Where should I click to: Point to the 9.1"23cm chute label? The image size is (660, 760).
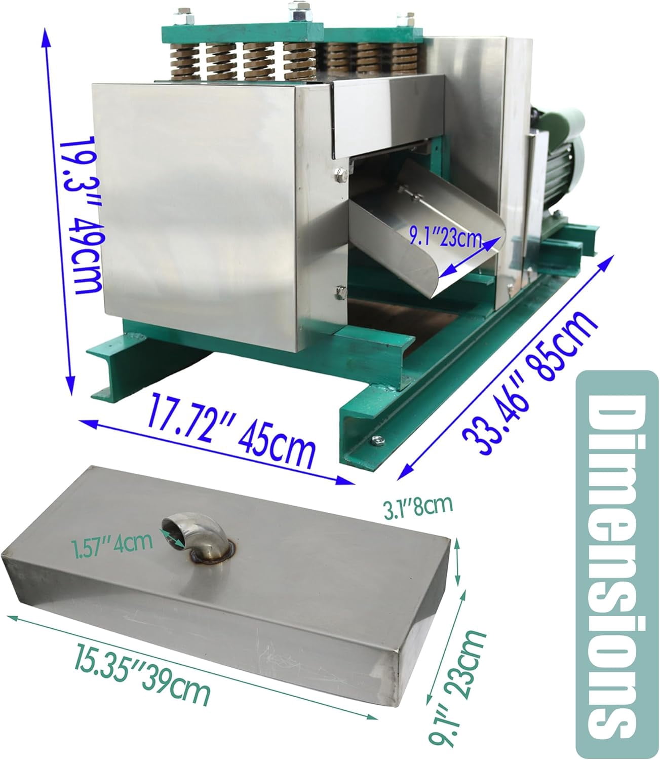445,237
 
